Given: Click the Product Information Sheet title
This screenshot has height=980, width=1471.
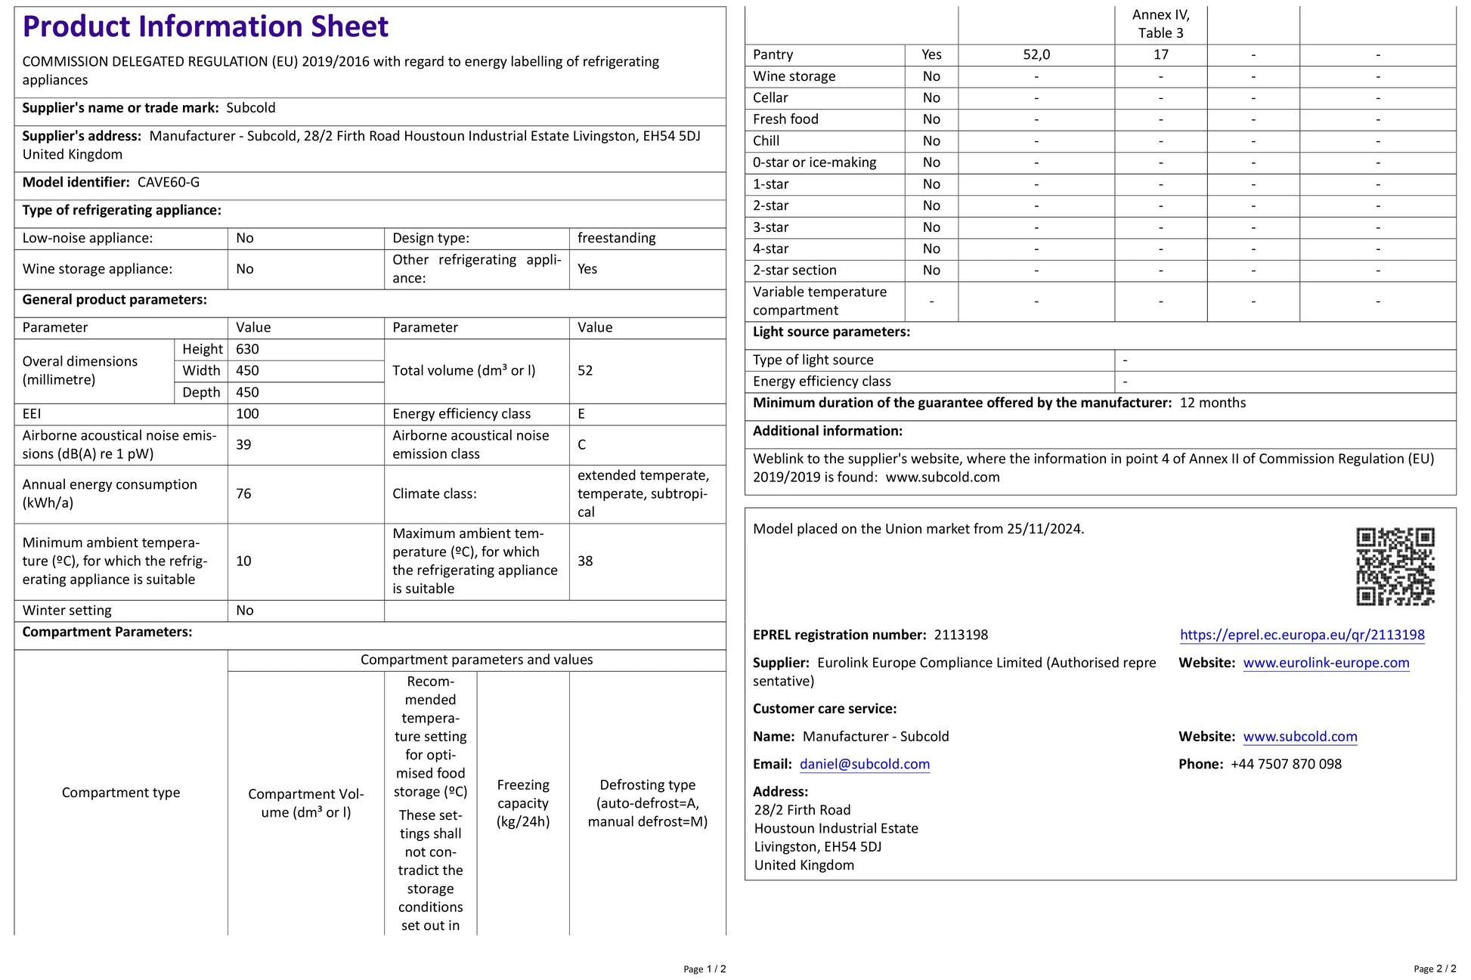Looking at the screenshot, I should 205,26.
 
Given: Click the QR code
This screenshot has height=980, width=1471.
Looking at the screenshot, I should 1395,567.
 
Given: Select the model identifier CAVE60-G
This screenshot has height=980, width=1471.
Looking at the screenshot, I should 169,182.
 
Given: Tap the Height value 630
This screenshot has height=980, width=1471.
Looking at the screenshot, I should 247,349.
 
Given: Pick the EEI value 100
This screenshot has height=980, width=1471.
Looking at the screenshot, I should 247,414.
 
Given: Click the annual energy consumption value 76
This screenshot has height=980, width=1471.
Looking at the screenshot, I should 243,493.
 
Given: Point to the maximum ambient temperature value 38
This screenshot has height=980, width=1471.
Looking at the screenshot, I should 585,561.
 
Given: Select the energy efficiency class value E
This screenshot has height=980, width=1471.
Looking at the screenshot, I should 581,414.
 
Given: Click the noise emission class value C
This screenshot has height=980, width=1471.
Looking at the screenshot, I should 581,444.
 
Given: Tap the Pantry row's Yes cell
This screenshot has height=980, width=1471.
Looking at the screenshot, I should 931,54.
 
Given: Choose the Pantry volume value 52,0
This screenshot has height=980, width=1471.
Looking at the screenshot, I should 1036,54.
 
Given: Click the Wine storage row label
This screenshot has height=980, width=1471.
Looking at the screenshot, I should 794,76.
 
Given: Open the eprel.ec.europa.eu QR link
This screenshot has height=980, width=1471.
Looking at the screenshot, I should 1302,635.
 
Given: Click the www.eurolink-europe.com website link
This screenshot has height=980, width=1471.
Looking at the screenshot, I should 1326,663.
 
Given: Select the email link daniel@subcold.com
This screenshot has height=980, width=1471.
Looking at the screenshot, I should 864,764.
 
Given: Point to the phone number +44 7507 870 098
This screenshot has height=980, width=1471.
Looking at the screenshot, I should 1286,764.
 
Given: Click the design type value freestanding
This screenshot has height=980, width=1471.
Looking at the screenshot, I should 616,238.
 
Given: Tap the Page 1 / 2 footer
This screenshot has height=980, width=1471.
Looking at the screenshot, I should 705,969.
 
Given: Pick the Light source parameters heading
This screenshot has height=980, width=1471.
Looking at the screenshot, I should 831,332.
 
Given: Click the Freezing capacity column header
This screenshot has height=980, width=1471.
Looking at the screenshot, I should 523,803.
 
